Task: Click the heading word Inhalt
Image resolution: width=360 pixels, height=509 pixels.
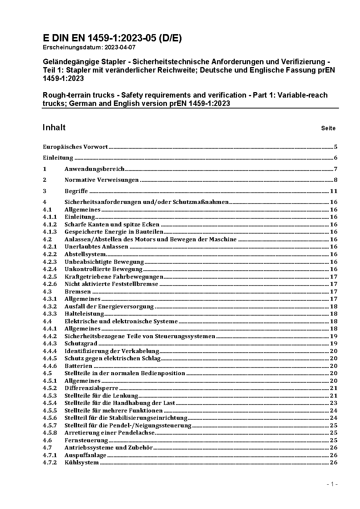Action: tap(54, 127)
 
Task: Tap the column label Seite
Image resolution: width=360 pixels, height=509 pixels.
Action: tap(328, 128)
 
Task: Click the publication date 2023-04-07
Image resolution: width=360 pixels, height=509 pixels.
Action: tap(121, 47)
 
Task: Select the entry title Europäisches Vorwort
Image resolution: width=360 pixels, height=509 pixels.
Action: tap(75, 147)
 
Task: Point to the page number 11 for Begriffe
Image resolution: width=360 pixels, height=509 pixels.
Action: tap(334, 191)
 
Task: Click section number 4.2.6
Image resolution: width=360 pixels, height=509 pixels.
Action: tap(50, 284)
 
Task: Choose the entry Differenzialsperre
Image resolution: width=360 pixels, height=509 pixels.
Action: tap(91, 388)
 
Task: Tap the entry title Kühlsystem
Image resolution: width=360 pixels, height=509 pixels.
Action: tap(82, 463)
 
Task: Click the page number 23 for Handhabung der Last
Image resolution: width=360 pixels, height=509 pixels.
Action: tap(334, 403)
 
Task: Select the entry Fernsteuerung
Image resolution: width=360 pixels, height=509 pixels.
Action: tap(86, 440)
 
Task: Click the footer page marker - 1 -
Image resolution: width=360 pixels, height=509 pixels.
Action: tap(332, 484)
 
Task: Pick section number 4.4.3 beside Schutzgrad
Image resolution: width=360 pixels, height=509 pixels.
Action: tap(50, 344)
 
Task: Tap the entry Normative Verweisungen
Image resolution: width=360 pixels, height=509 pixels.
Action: tap(102, 180)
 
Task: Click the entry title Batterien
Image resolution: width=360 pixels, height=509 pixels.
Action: tap(78, 366)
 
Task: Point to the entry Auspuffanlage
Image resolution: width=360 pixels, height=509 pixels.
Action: tap(85, 455)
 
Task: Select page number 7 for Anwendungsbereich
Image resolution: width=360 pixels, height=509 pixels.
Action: tap(336, 169)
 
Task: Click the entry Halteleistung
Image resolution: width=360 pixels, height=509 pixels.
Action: tap(84, 314)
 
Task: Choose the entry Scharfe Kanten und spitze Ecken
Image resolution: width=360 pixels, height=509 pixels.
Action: tap(112, 225)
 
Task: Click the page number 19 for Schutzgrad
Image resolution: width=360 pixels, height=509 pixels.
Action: tap(334, 344)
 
